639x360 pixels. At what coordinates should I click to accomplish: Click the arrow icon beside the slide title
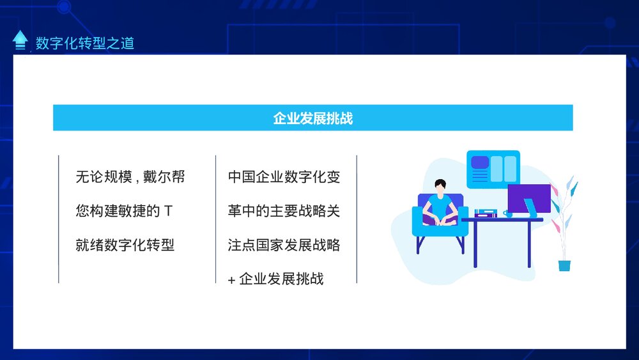[x=20, y=40]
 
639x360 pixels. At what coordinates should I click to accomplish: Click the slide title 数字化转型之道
[x=85, y=43]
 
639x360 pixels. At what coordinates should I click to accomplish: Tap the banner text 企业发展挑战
[x=312, y=118]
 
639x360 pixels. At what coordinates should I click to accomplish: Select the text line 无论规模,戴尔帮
[x=130, y=177]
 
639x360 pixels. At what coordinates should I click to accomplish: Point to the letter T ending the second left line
[x=168, y=211]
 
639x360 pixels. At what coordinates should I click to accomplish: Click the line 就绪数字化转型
[x=125, y=245]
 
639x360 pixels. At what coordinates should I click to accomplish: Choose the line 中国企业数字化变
[x=284, y=177]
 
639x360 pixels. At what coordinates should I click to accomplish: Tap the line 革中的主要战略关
[x=284, y=211]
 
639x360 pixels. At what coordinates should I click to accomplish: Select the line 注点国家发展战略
[x=284, y=245]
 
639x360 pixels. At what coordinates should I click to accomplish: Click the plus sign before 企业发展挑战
[x=231, y=279]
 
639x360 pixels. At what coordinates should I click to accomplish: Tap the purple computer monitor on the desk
[x=528, y=198]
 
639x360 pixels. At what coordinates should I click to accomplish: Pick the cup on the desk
[x=508, y=214]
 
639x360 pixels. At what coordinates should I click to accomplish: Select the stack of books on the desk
[x=486, y=214]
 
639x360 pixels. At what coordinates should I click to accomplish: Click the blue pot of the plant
[x=564, y=265]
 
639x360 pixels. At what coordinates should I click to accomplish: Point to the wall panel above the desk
[x=493, y=169]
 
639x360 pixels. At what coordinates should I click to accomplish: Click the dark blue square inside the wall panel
[x=479, y=162]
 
